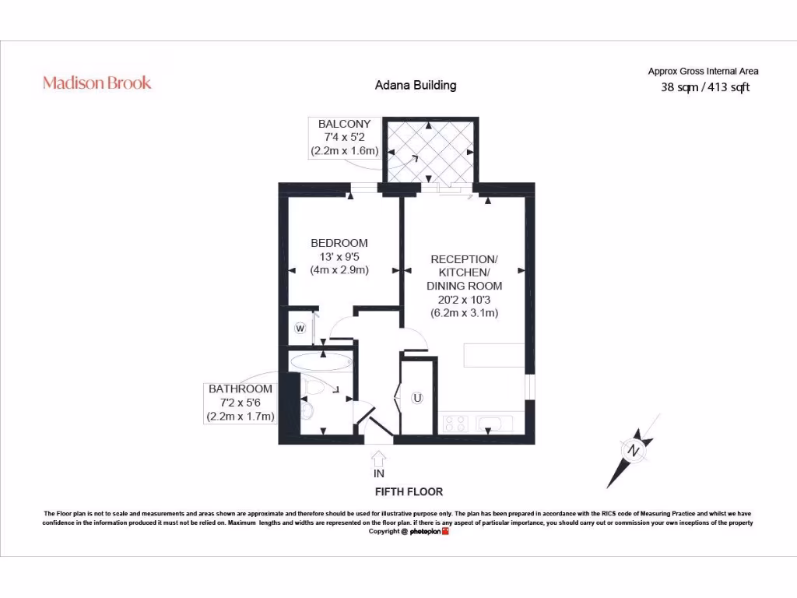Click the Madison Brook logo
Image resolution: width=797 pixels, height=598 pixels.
tap(97, 83)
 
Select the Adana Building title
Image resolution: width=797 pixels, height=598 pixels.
tap(416, 86)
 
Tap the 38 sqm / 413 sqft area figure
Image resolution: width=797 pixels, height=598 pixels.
tap(705, 87)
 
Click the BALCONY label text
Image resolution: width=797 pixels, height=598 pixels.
tap(344, 124)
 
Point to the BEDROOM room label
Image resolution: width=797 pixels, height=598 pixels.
tap(339, 243)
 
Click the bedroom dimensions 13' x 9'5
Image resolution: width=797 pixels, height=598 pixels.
tap(339, 257)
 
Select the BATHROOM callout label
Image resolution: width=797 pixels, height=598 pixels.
tap(241, 389)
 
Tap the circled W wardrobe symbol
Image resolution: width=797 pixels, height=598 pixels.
tap(300, 328)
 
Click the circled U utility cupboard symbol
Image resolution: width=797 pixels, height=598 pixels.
tap(417, 398)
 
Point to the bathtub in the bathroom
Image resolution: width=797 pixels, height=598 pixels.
tap(320, 361)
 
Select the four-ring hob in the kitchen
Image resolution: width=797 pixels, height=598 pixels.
tap(455, 424)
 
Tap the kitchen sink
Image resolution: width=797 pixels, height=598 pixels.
tap(493, 423)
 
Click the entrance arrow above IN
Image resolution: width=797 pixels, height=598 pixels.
tap(378, 459)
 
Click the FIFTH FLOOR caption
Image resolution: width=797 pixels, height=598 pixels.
tap(409, 492)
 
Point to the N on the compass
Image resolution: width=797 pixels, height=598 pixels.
tap(634, 451)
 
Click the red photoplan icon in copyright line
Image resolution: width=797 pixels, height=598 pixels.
tap(445, 531)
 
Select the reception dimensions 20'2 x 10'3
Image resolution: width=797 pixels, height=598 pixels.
tap(464, 300)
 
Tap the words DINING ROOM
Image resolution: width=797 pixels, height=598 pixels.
tap(464, 286)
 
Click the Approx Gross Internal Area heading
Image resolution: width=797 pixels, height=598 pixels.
tap(703, 71)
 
